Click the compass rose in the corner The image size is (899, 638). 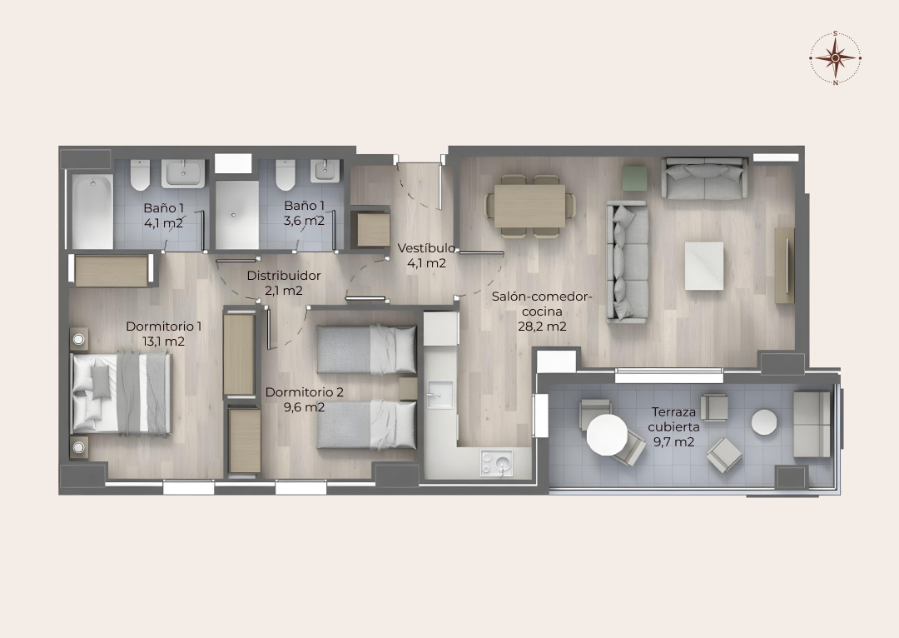coord(836,58)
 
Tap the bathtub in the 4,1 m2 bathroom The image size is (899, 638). coord(92,212)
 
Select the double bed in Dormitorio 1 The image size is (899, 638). coord(121,393)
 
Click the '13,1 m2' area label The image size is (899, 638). coord(163,342)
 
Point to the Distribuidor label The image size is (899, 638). coord(284,276)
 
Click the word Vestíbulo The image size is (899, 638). coord(426,248)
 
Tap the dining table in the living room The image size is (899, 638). coord(529,206)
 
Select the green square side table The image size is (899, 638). coord(634,178)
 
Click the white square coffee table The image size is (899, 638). coord(704,266)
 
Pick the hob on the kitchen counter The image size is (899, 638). coord(497,463)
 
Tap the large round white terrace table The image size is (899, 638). coord(607,434)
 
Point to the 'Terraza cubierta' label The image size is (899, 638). coord(673,420)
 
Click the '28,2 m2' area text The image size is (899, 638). coord(542,326)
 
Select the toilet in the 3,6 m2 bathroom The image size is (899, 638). coord(285,174)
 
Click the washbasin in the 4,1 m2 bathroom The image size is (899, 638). coord(183,173)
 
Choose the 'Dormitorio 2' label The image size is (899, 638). coord(305,392)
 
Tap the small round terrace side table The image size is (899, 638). coord(764,422)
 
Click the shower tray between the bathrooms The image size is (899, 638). coord(236,215)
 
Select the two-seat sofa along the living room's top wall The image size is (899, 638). coord(705,178)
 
